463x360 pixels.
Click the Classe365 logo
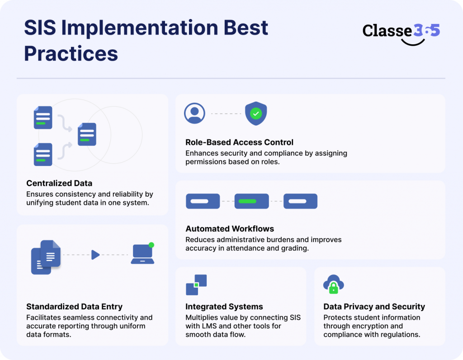pyautogui.click(x=401, y=32)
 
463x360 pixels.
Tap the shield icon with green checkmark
pyautogui.click(x=256, y=114)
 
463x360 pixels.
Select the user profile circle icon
pyautogui.click(x=195, y=113)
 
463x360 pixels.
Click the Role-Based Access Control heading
pyautogui.click(x=239, y=142)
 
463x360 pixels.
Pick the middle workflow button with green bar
pyautogui.click(x=251, y=201)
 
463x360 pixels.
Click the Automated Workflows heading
pyautogui.click(x=230, y=229)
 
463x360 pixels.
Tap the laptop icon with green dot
pyautogui.click(x=143, y=254)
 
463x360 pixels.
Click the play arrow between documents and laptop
pyautogui.click(x=95, y=255)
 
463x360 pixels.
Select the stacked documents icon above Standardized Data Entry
pyautogui.click(x=46, y=256)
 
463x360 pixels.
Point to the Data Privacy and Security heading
pyautogui.click(x=374, y=307)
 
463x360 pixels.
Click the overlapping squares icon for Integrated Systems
pyautogui.click(x=196, y=284)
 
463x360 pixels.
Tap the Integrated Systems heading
pyautogui.click(x=224, y=307)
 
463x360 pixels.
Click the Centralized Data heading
pyautogui.click(x=59, y=183)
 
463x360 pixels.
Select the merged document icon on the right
pyautogui.click(x=87, y=134)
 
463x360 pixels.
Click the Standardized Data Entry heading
pyautogui.click(x=74, y=307)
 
